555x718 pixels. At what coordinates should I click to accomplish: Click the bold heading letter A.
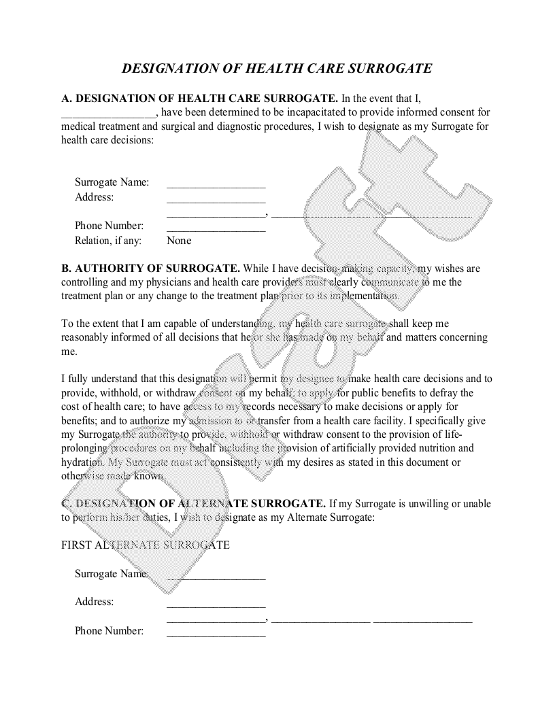click(65, 99)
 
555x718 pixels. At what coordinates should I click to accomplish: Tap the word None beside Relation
click(179, 240)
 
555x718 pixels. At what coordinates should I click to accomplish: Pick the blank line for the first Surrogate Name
click(216, 184)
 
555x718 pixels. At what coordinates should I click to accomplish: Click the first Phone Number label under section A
click(109, 226)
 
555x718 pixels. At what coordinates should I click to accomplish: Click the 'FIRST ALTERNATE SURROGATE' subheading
click(146, 545)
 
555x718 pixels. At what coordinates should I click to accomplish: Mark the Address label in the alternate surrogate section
click(94, 602)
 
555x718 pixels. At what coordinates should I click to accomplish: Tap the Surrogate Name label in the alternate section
click(112, 573)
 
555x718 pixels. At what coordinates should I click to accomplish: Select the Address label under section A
click(94, 197)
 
